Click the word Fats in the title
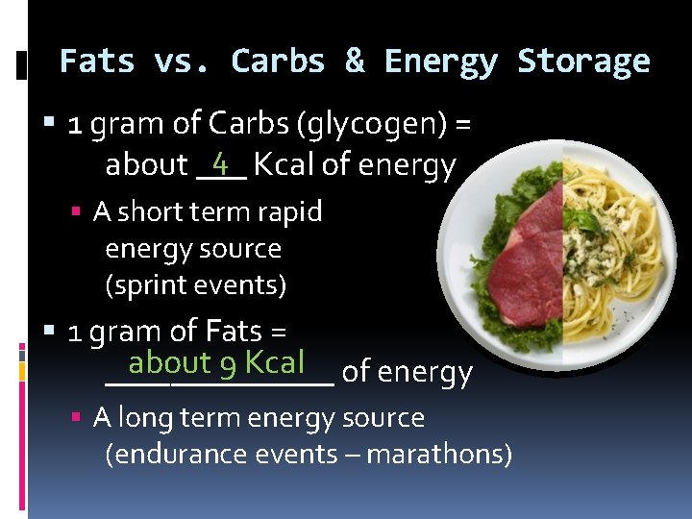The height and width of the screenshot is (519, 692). (96, 62)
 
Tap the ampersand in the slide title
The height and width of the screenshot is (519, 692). (355, 62)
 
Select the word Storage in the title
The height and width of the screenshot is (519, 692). (583, 62)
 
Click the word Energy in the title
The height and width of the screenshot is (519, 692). (440, 62)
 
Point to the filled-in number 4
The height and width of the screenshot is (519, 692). (221, 161)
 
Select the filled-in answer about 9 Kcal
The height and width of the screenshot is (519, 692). (216, 362)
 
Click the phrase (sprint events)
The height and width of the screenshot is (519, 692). (195, 285)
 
